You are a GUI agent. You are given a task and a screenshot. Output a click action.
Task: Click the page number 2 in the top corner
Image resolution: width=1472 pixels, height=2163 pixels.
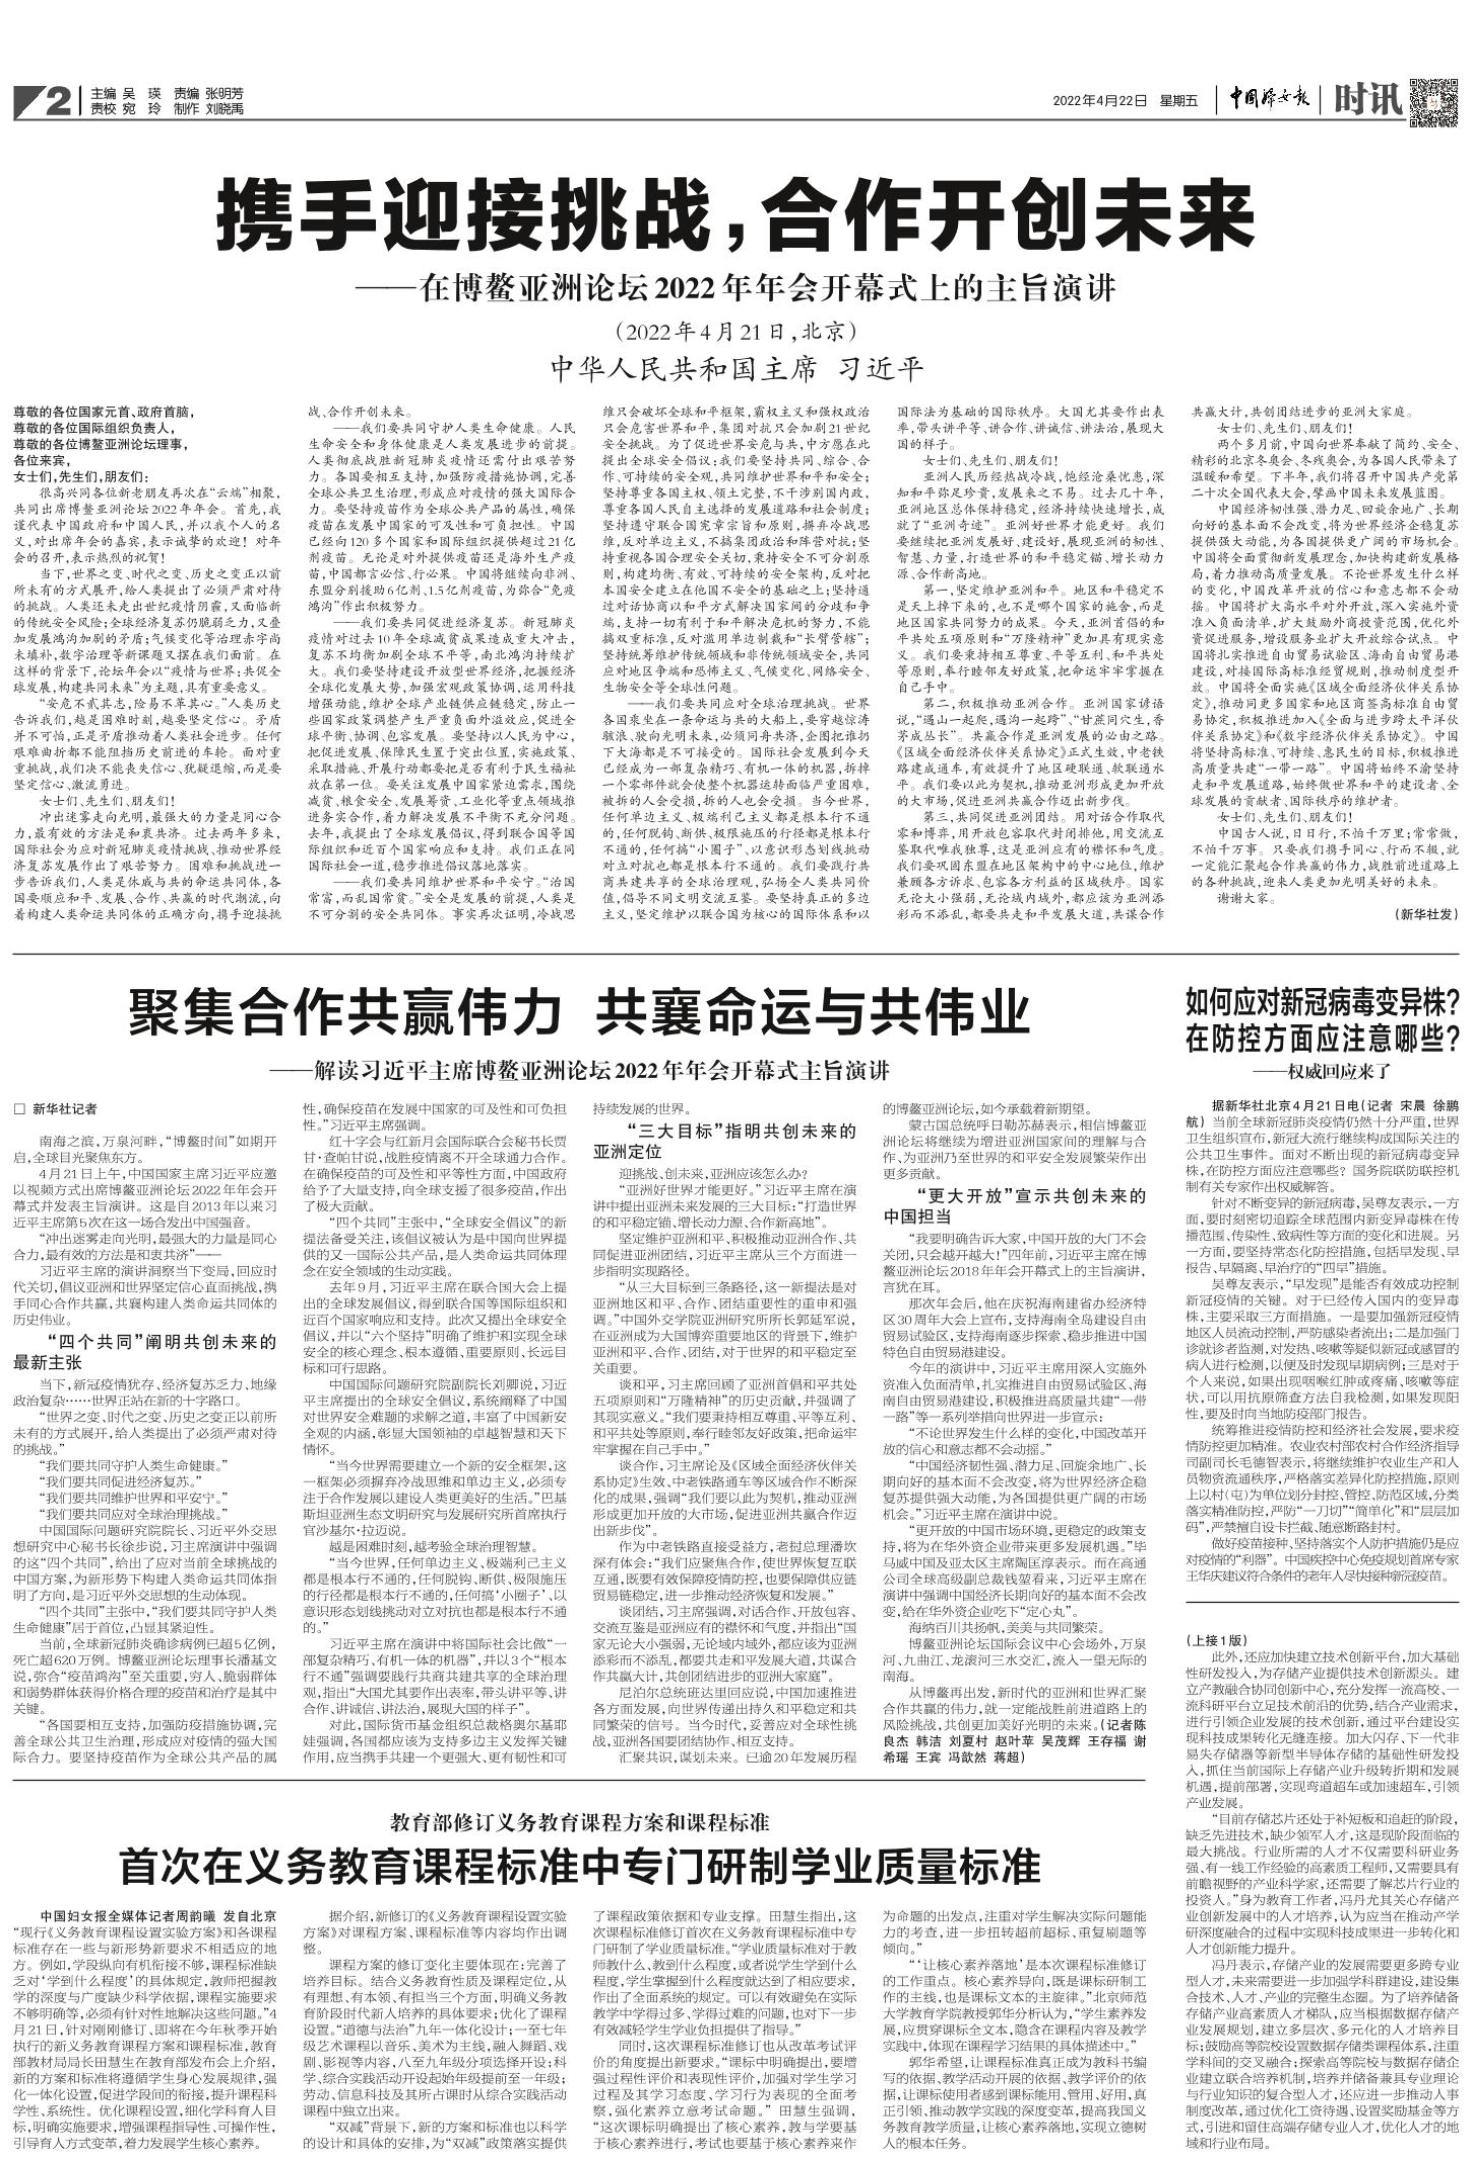coord(57,100)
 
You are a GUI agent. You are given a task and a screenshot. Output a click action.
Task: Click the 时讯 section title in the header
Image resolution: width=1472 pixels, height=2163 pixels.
coord(1369,99)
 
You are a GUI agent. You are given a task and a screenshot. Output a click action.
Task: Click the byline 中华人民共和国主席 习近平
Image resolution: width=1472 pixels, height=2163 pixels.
coord(735,369)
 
